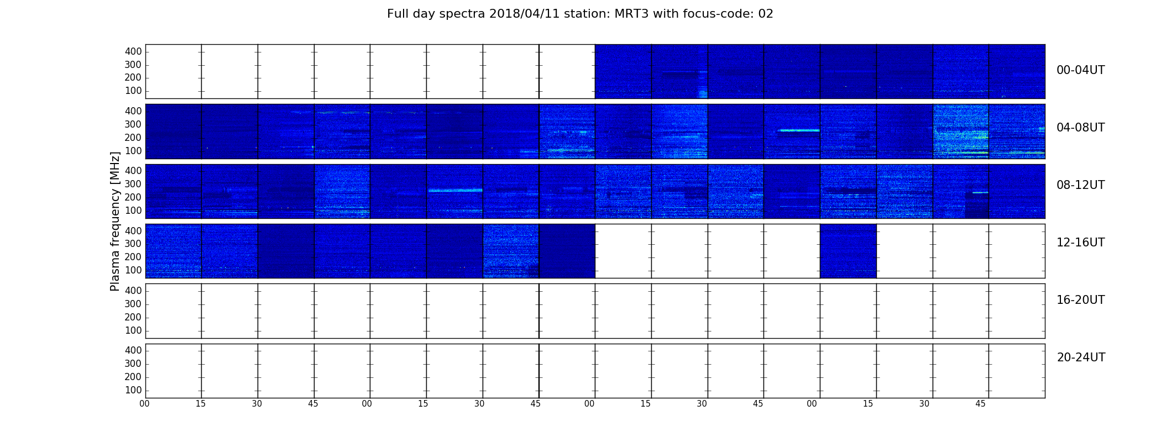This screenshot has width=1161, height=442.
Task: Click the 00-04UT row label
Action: click(1081, 70)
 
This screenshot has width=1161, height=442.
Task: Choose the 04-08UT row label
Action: click(1081, 128)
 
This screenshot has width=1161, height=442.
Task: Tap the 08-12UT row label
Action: click(1081, 185)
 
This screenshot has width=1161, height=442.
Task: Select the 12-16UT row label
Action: click(1081, 243)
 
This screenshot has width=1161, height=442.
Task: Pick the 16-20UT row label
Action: click(1081, 300)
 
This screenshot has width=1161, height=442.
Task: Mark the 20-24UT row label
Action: click(1081, 357)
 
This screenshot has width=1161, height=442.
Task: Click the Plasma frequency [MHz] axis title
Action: click(115, 221)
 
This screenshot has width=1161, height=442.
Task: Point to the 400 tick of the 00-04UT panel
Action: click(133, 51)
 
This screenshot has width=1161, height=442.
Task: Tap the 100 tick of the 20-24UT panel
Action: click(133, 390)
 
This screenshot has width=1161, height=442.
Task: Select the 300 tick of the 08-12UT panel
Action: click(133, 184)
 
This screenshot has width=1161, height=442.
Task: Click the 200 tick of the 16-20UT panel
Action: click(133, 317)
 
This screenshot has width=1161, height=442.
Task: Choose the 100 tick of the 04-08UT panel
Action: click(133, 151)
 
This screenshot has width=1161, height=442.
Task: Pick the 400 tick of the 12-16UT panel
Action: click(133, 230)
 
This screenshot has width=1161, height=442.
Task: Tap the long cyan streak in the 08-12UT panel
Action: click(455, 190)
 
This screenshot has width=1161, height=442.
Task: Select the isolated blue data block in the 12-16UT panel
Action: click(848, 251)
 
